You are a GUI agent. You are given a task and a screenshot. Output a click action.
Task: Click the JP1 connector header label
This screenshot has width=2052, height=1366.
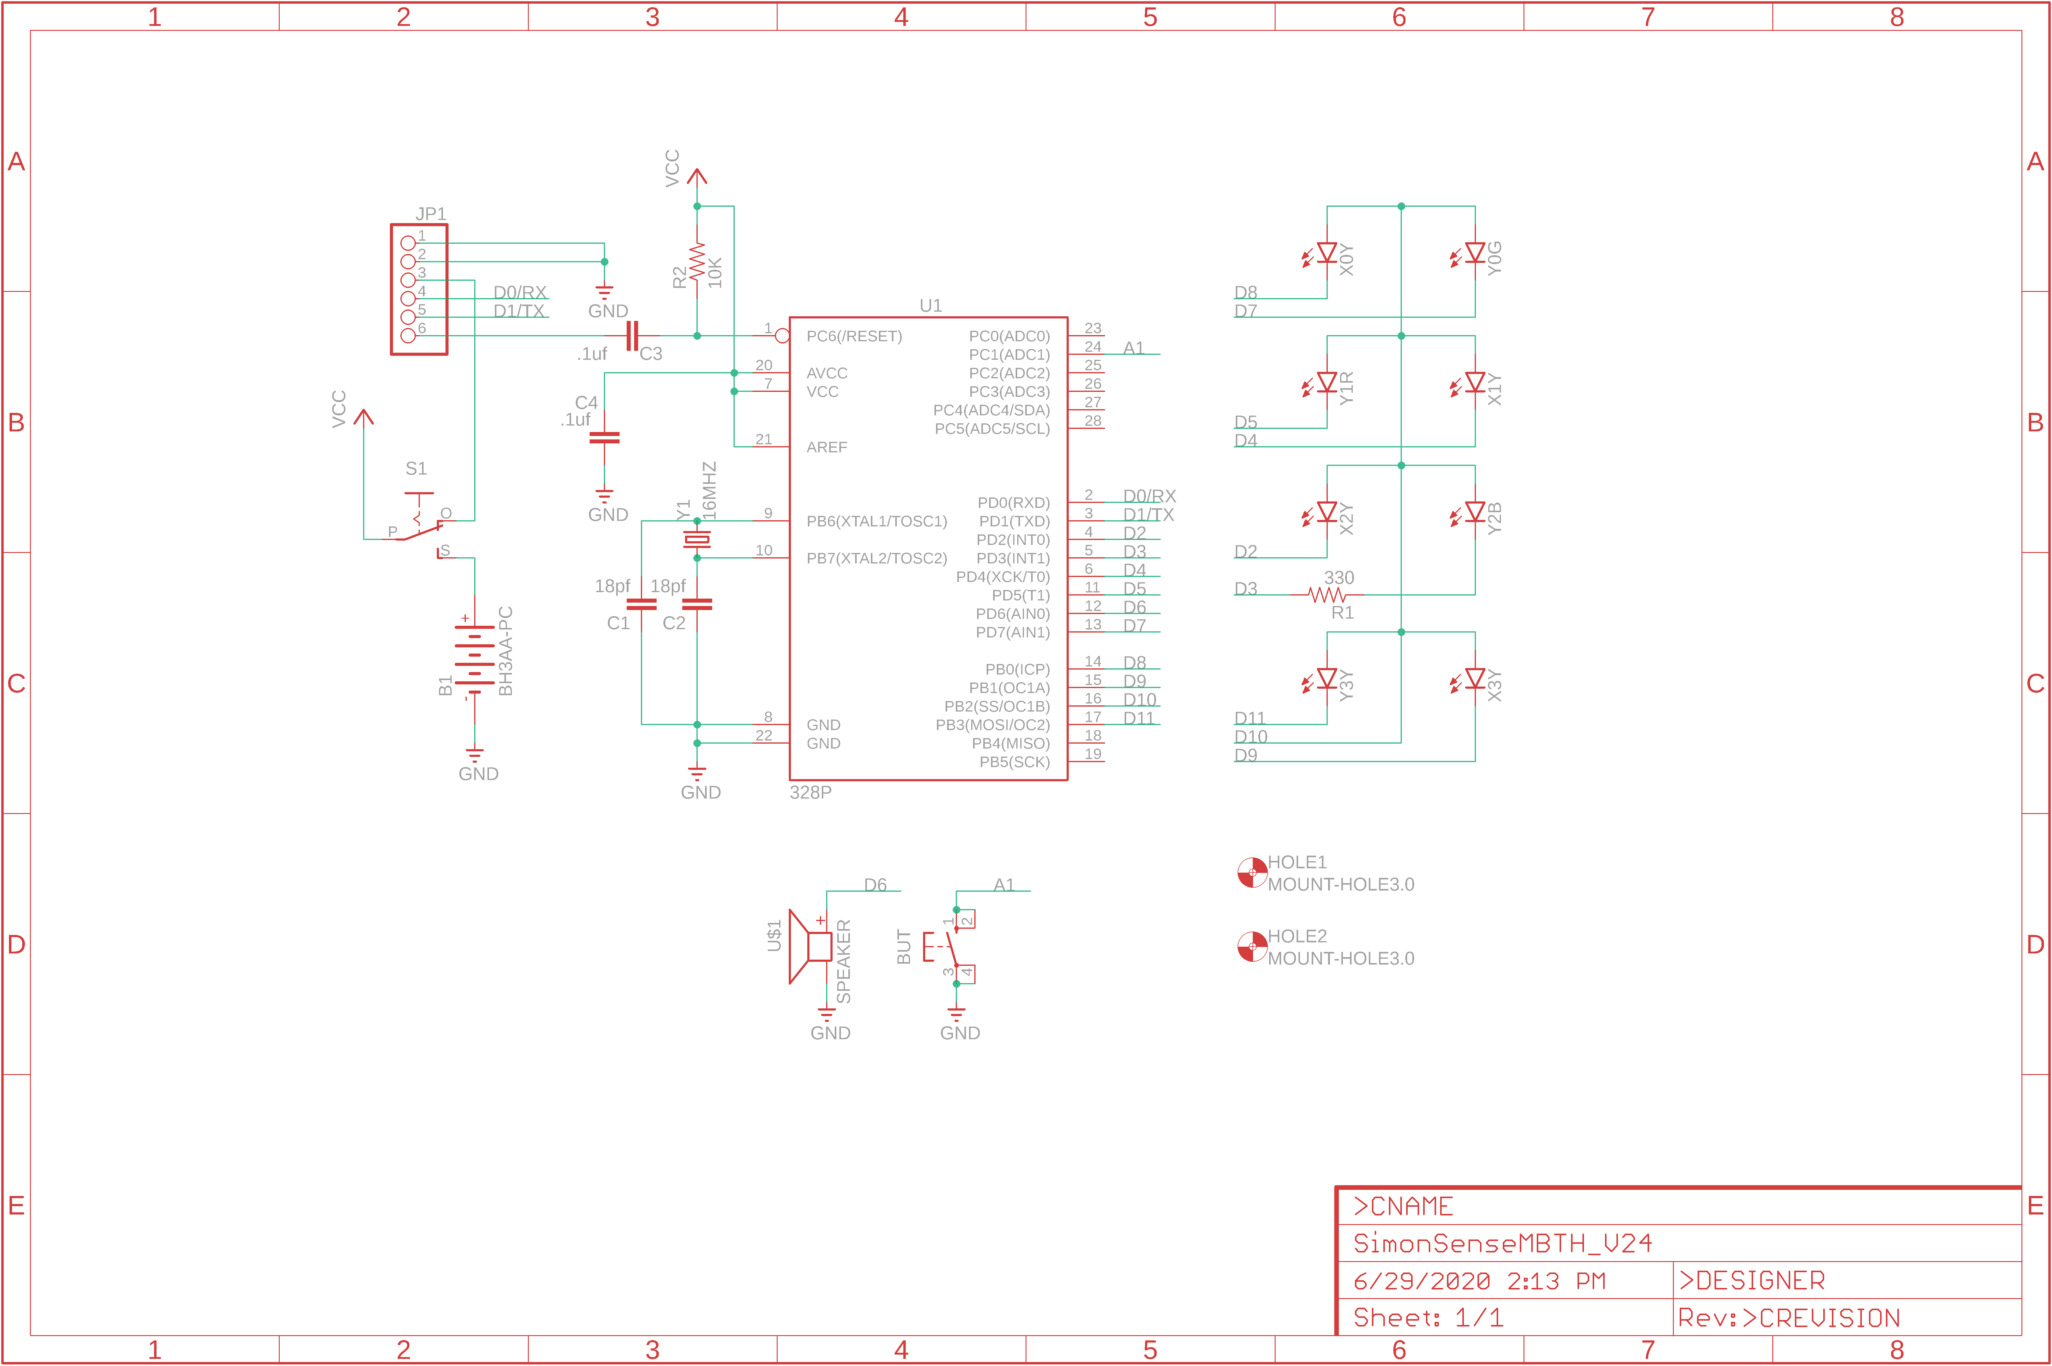click(x=430, y=214)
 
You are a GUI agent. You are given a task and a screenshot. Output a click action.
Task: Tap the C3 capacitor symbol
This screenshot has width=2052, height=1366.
click(x=633, y=335)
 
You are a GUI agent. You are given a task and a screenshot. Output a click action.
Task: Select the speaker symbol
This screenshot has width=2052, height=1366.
click(x=810, y=946)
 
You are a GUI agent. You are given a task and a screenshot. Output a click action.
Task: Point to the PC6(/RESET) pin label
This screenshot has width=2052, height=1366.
click(x=854, y=336)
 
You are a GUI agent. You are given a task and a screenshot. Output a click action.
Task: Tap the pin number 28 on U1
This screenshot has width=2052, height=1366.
click(x=1093, y=421)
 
